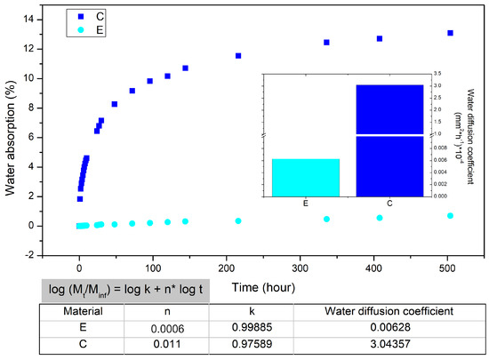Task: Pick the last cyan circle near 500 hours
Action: [450, 216]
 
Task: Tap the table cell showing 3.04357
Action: [391, 345]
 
